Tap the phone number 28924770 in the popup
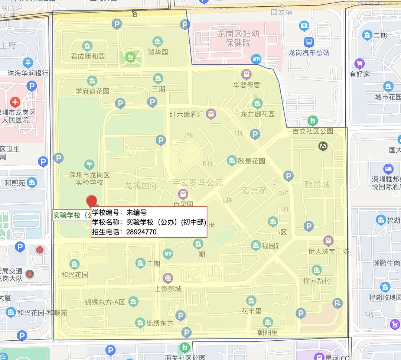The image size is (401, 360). pos(141,232)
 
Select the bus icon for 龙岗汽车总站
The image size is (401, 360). pos(309,42)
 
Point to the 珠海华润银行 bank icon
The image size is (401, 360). pos(28,63)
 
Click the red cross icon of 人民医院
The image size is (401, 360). pos(15,102)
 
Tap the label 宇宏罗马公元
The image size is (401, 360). pos(197,183)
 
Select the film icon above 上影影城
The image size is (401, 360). pos(168,278)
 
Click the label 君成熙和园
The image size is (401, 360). pos(88,56)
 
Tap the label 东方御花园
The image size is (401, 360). pos(258,114)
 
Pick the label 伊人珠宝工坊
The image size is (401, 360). pos(328,252)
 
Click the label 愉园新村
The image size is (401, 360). pos(316,280)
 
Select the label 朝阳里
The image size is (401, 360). pos(268,333)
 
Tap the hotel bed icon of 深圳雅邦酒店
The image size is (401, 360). pos(388,169)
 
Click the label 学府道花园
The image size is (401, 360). pos(92,91)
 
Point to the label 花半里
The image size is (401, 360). pos(251,311)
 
